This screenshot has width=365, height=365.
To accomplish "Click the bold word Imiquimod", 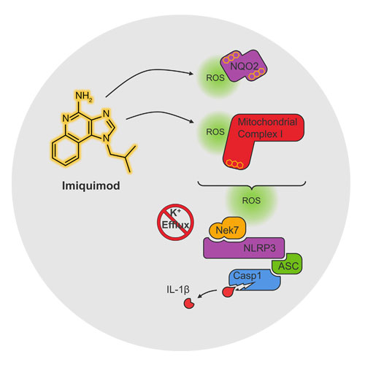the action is pos(91,186).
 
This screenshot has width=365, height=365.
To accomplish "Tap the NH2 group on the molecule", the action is pos(84,96).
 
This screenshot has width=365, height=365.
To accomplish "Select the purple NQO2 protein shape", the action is pos(244,66).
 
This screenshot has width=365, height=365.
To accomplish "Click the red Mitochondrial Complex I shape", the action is pos(258,137).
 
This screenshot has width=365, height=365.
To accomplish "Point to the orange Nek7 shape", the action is pos(227,229).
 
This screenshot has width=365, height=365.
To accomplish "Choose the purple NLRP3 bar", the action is pos(244,248).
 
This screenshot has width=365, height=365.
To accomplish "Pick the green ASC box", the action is pos(288,264).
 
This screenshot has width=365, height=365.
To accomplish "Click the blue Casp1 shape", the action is pos(254,280).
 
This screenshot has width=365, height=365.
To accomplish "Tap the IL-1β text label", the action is pos(178,290).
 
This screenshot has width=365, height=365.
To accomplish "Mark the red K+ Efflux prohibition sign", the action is pos(175,222).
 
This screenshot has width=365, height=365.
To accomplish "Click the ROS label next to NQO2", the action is pos(215,78).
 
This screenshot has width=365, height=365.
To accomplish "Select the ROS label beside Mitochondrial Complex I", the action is pos(215,132).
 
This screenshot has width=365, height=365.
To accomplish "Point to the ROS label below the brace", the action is pos(251,201).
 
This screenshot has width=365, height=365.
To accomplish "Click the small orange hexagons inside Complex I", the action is pos(234,164).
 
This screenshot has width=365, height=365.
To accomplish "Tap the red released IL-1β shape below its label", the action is pos(189,303).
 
